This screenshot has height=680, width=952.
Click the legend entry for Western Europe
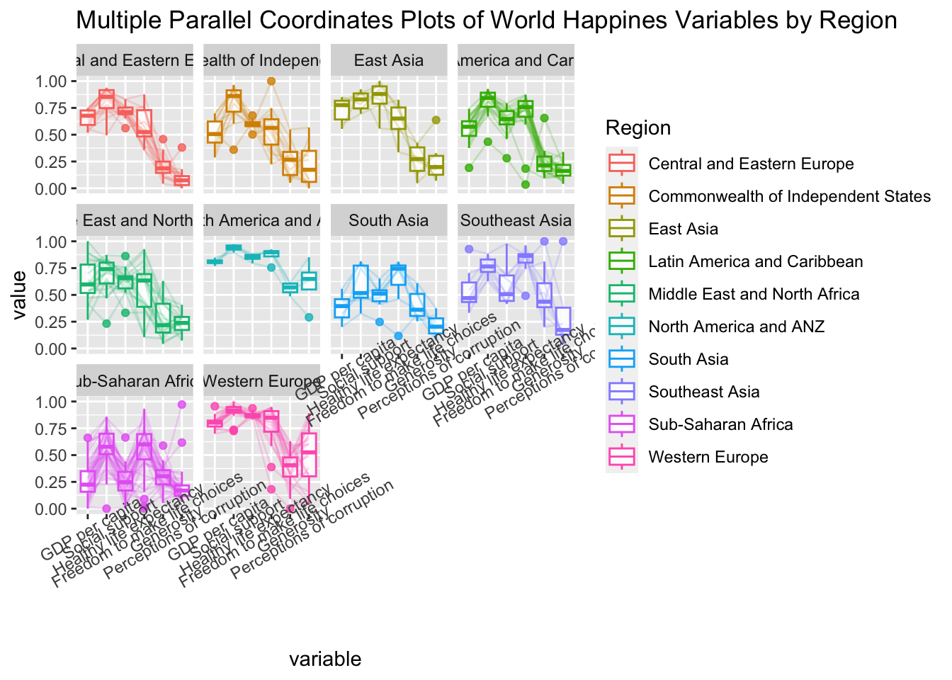(708, 457)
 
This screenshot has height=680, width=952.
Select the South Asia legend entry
(688, 359)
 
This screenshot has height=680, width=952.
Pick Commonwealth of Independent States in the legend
(789, 196)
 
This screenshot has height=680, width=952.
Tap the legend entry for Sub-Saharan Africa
(720, 424)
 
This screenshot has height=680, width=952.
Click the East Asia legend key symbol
(622, 229)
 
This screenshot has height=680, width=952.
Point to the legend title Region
(638, 128)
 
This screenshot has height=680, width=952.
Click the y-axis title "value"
(19, 295)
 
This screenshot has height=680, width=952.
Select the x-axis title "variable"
(325, 659)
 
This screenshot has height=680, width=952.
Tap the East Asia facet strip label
(388, 60)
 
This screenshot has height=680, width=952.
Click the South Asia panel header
(388, 220)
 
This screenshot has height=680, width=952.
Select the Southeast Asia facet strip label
(515, 220)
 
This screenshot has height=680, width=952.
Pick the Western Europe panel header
(261, 381)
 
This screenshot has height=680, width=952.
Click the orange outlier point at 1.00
(271, 81)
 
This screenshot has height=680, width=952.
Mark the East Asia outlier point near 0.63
(436, 120)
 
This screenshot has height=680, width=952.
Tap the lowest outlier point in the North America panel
(309, 317)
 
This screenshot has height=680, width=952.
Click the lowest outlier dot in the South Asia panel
(398, 336)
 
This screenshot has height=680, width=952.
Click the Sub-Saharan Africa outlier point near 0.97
(181, 404)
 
